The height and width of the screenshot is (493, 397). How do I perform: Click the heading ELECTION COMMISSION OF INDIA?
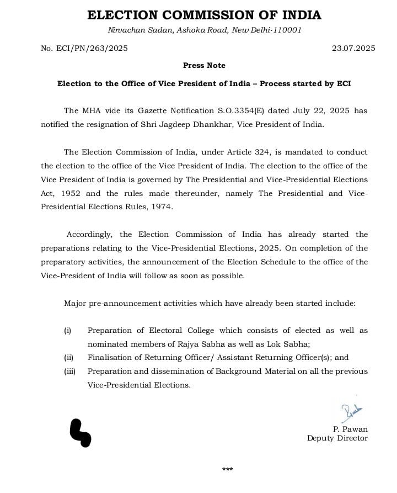[x=204, y=15]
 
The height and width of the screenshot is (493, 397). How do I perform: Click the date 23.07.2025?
[x=353, y=48]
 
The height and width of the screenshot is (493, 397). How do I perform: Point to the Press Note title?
[x=204, y=65]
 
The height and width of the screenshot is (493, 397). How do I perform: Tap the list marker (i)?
[x=68, y=331]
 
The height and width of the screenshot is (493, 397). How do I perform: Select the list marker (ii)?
[x=69, y=357]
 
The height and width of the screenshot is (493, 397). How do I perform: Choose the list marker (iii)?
[x=70, y=372]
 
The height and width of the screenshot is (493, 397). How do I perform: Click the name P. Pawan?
[x=350, y=429]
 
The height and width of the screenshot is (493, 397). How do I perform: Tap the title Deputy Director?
[x=337, y=438]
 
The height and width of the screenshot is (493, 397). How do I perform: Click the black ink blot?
[x=80, y=432]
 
